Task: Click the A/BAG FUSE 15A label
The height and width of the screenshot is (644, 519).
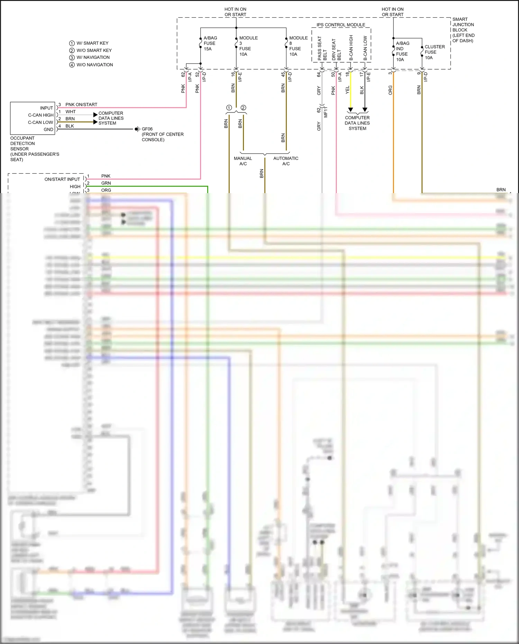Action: [x=210, y=43]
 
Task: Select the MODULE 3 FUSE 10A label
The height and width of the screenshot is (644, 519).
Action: [x=248, y=46]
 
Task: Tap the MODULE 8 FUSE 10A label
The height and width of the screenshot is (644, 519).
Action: [x=298, y=46]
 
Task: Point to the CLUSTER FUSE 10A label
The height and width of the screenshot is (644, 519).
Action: [x=435, y=52]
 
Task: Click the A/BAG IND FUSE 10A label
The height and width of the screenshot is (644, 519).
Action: [x=402, y=52]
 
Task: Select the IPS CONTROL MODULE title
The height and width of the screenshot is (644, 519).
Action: [x=341, y=25]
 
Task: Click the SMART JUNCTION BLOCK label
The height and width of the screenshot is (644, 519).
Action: [x=463, y=30]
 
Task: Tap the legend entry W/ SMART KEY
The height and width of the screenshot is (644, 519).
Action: [x=92, y=43]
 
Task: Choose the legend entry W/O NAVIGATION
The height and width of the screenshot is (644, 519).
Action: [x=94, y=65]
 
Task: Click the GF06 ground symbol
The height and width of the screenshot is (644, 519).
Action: [x=137, y=129]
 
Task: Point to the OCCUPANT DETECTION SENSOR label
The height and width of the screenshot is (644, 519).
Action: [x=34, y=149]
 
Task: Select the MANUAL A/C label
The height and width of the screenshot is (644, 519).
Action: [x=243, y=161]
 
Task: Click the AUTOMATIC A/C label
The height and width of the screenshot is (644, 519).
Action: [x=286, y=161]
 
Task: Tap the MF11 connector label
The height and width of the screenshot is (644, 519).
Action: [x=326, y=112]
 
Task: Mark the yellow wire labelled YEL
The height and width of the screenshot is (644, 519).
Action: [x=350, y=93]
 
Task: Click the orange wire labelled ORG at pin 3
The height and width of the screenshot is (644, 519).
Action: [x=393, y=138]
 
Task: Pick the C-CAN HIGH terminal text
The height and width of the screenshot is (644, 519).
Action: [x=41, y=115]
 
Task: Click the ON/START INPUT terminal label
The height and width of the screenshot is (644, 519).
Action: [x=62, y=179]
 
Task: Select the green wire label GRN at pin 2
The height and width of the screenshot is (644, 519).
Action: [x=106, y=183]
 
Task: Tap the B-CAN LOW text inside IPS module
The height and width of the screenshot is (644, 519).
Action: [x=365, y=48]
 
